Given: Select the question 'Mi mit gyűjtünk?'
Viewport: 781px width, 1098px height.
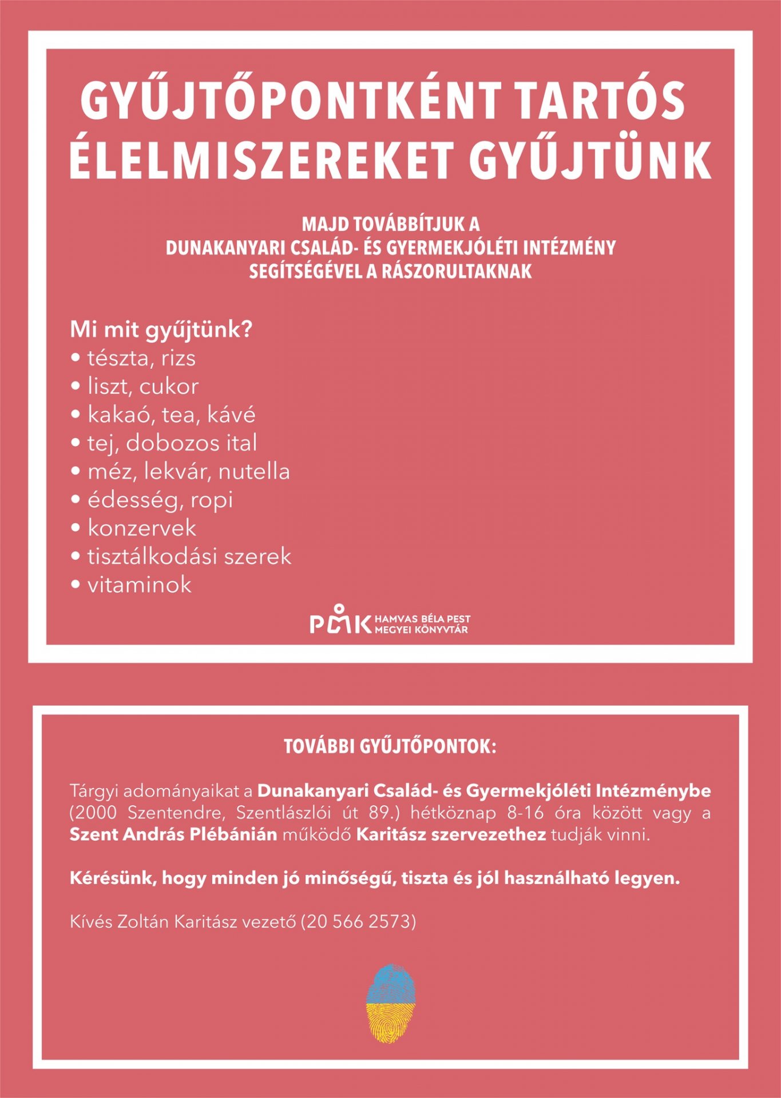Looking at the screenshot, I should [161, 330].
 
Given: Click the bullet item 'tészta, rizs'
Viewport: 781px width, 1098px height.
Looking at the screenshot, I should [141, 359].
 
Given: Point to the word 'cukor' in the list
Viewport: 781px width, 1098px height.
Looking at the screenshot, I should [169, 387].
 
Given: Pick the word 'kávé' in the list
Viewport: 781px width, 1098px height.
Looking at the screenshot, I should [231, 415].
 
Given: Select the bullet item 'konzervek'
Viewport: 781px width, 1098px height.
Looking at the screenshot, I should [141, 528].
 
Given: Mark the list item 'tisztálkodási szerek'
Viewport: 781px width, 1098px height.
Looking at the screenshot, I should [189, 556].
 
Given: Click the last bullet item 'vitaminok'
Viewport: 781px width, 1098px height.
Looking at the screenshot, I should [139, 585].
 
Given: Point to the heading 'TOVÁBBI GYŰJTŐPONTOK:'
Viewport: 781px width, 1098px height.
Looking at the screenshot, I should [390, 747].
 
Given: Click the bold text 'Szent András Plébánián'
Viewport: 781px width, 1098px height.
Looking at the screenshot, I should [173, 834].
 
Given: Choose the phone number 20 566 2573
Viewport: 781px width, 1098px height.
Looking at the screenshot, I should [358, 921].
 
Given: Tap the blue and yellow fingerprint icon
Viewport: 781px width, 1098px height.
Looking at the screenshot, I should [390, 1002].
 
